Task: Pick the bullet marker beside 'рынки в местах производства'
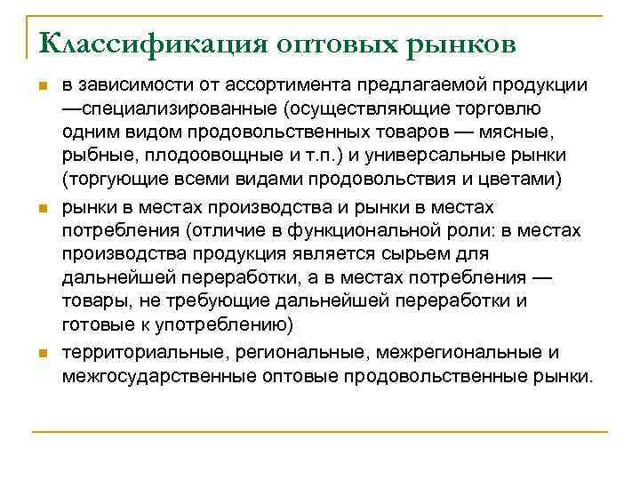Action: click(40, 207)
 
